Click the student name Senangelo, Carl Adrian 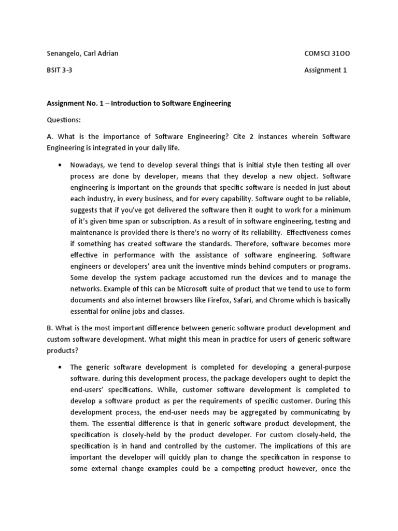coord(82,53)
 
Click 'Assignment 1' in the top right coord(325,71)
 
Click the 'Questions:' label coord(64,120)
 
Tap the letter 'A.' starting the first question coord(50,136)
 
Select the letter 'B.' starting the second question coord(50,328)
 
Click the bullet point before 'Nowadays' coord(60,165)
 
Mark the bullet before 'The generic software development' coord(60,367)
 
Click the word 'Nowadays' coord(89,165)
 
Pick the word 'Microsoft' coord(202,289)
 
